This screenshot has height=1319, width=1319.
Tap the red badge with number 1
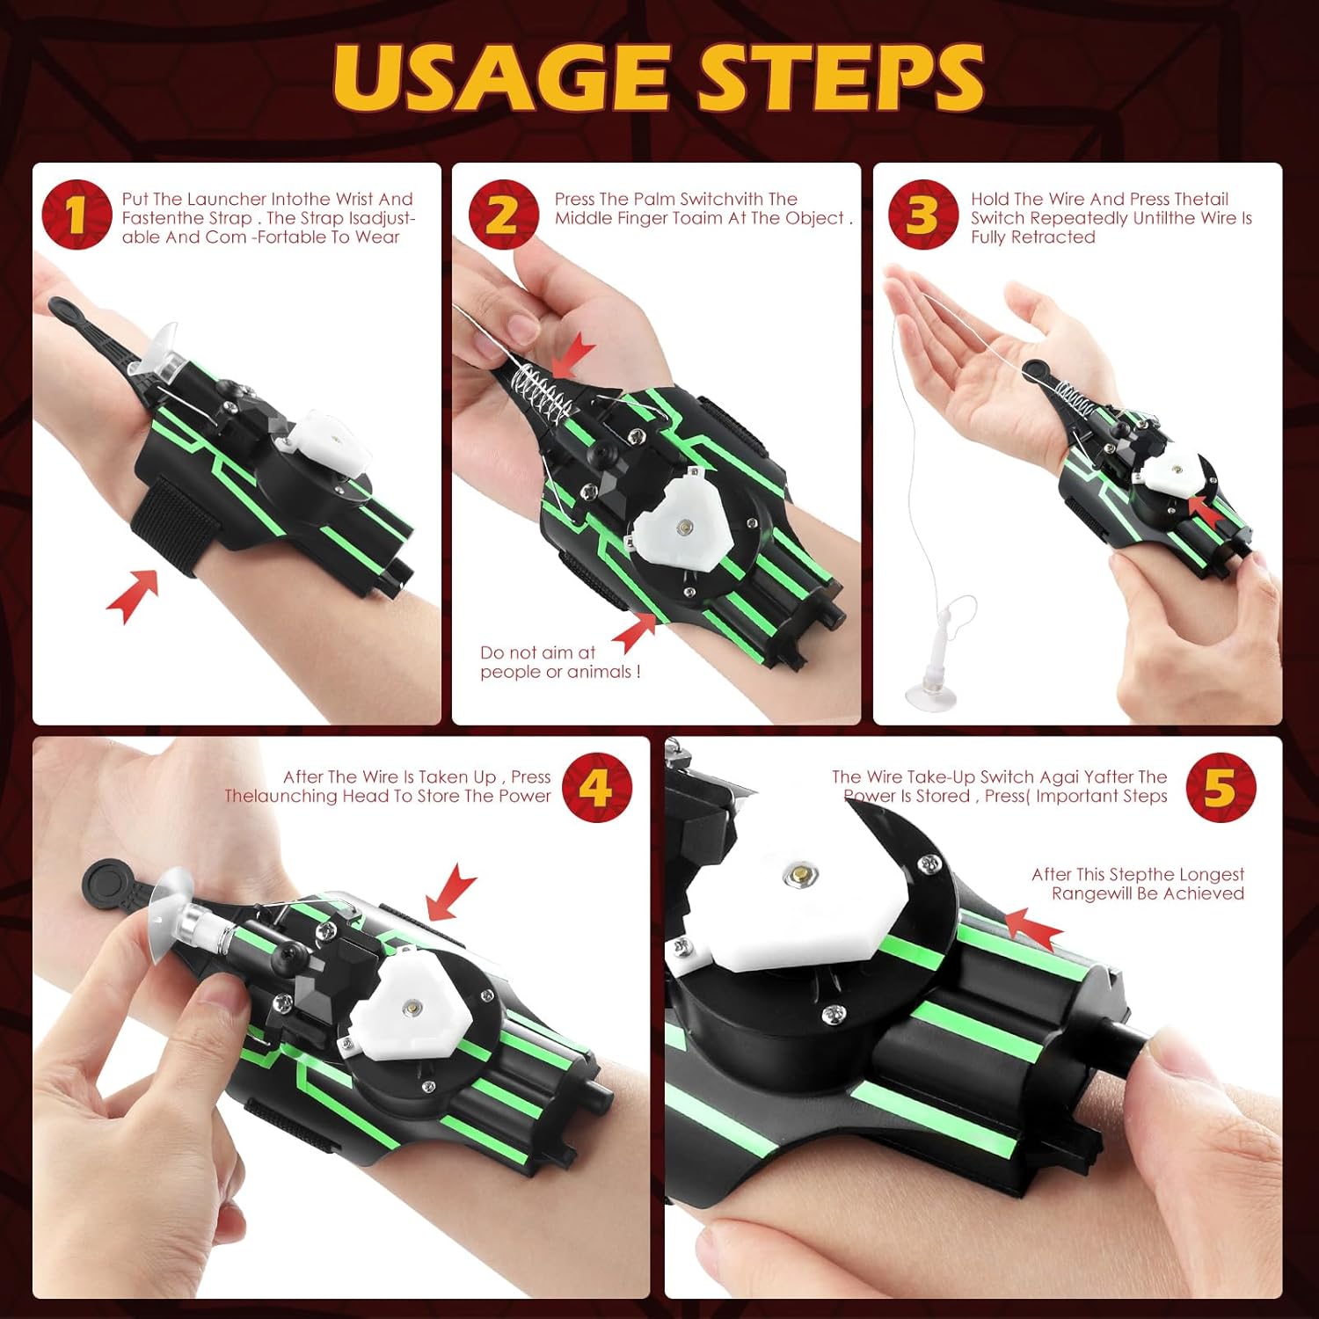tap(77, 215)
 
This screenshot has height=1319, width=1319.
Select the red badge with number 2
tap(502, 215)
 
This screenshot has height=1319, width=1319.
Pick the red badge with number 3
tap(922, 215)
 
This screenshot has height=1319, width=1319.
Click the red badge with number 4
tap(597, 787)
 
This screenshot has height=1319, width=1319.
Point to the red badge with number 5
tap(1221, 787)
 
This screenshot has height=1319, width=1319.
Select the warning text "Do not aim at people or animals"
tap(560, 662)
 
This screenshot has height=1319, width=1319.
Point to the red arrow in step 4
tap(451, 892)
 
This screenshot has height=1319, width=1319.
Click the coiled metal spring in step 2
tap(544, 393)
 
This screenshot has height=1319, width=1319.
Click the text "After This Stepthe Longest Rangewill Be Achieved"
tap(1138, 884)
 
